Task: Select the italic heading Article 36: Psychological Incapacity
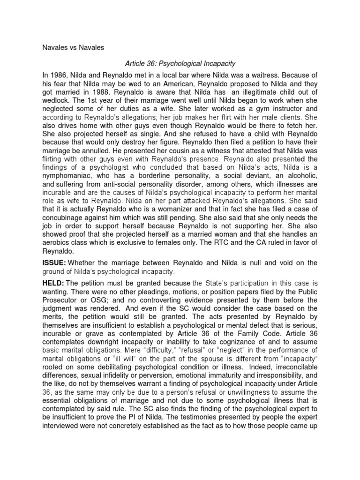[180, 63]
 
